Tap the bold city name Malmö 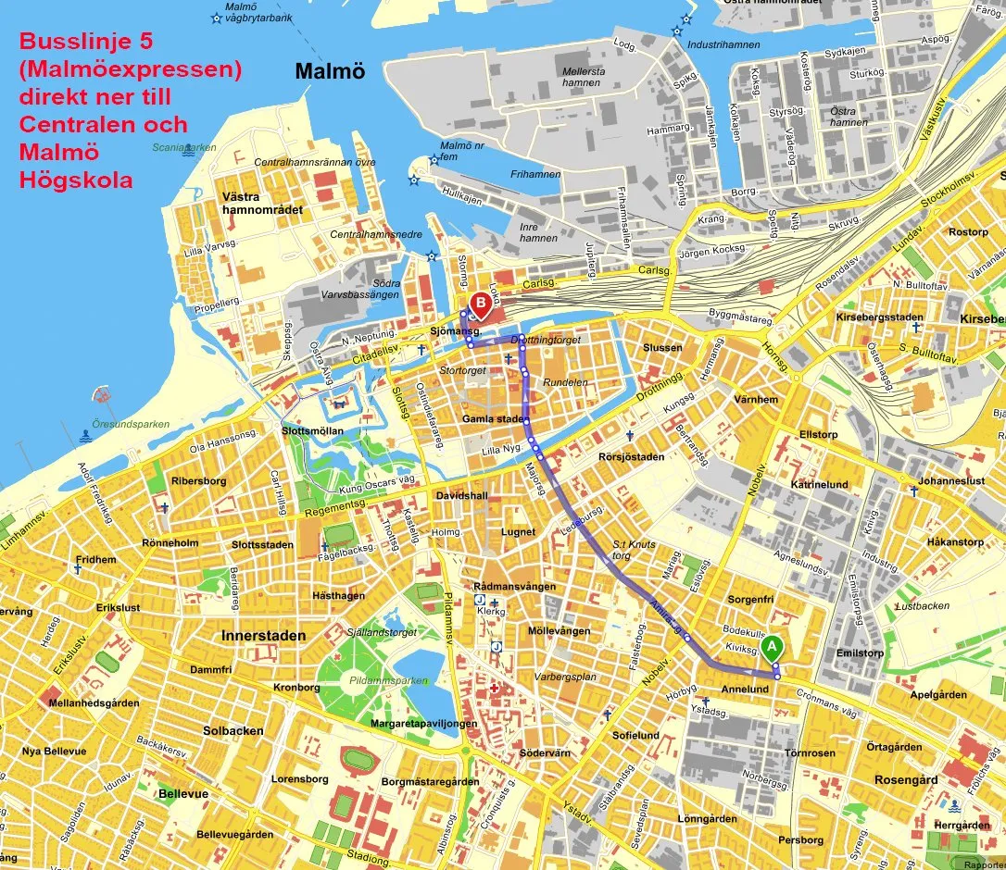329,72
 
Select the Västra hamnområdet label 262,203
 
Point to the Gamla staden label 493,419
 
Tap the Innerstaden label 263,636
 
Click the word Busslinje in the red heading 72,43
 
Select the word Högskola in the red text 75,180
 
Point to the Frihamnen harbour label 534,174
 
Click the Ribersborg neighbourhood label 198,481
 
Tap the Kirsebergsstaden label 879,317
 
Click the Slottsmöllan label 313,431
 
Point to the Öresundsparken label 135,425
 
